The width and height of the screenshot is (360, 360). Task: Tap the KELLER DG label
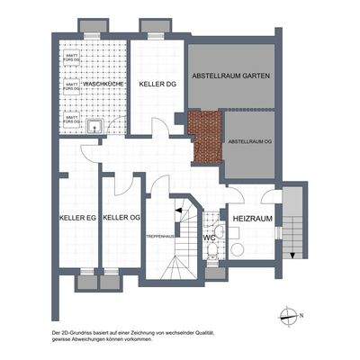157,84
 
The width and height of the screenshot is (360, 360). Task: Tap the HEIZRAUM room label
252,219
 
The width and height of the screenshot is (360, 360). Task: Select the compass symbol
288,315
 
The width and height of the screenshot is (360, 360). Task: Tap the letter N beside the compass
302,315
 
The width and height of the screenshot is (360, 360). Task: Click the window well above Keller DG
149,24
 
